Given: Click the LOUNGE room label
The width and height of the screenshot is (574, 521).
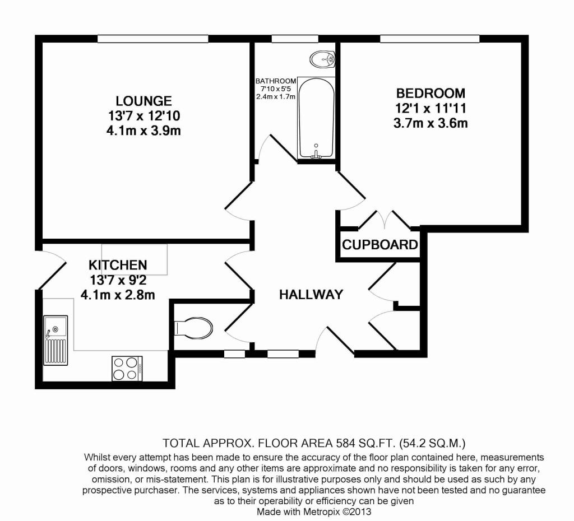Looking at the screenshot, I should tap(143, 101).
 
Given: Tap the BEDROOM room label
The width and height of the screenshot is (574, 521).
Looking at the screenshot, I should tap(430, 93).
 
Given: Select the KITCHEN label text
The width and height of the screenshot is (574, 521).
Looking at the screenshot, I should tap(118, 264).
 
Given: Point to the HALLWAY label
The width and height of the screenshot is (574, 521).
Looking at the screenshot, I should tap(311, 295).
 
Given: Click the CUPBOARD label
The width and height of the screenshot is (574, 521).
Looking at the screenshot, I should tap(380, 245).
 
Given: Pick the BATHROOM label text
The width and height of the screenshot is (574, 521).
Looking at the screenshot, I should tap(276, 81).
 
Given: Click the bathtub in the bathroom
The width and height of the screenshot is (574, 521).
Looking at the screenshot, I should tap(316, 118).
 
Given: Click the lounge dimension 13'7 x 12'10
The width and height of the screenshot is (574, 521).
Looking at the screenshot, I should tap(143, 117).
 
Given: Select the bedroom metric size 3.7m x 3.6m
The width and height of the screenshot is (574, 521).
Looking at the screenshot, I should tap(430, 123).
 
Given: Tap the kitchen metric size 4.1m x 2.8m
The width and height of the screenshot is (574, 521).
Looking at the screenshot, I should tap(118, 294).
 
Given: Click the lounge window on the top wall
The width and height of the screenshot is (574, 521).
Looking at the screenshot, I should tap(152, 38).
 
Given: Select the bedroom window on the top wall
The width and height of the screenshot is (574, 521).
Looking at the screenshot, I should tap(429, 38).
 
